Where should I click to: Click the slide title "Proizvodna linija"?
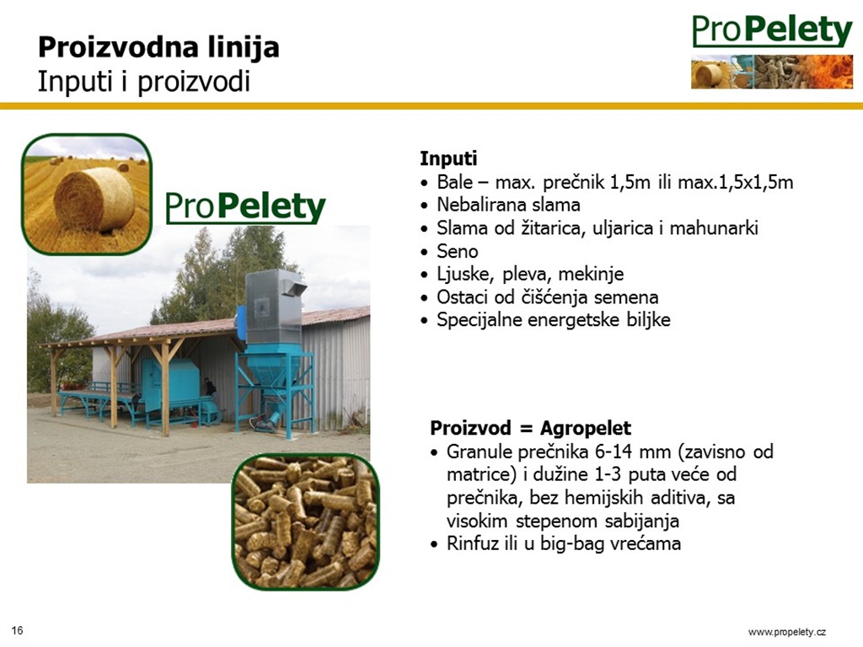coord(158,47)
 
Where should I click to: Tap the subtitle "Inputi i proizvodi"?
coord(144,82)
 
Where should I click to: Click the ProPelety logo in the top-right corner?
coord(772,51)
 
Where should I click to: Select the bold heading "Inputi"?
coord(448,158)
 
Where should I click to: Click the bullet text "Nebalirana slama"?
coord(508,205)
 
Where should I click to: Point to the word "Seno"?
coord(458,251)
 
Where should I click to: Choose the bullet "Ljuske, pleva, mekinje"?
coord(531,274)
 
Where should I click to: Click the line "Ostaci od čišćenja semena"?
coord(548,297)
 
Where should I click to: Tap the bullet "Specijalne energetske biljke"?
coord(554,319)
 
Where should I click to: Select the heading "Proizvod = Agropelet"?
coord(531,427)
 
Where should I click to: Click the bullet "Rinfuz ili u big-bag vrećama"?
coord(564,543)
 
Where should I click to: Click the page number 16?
coord(17,630)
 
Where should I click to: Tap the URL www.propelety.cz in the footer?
coord(787,632)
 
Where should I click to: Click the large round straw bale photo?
coord(87,195)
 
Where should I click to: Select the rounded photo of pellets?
coord(306,521)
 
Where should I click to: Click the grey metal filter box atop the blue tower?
coord(274,307)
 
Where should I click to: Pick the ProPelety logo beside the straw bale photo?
coord(245,207)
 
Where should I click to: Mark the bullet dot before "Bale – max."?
coord(424,183)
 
